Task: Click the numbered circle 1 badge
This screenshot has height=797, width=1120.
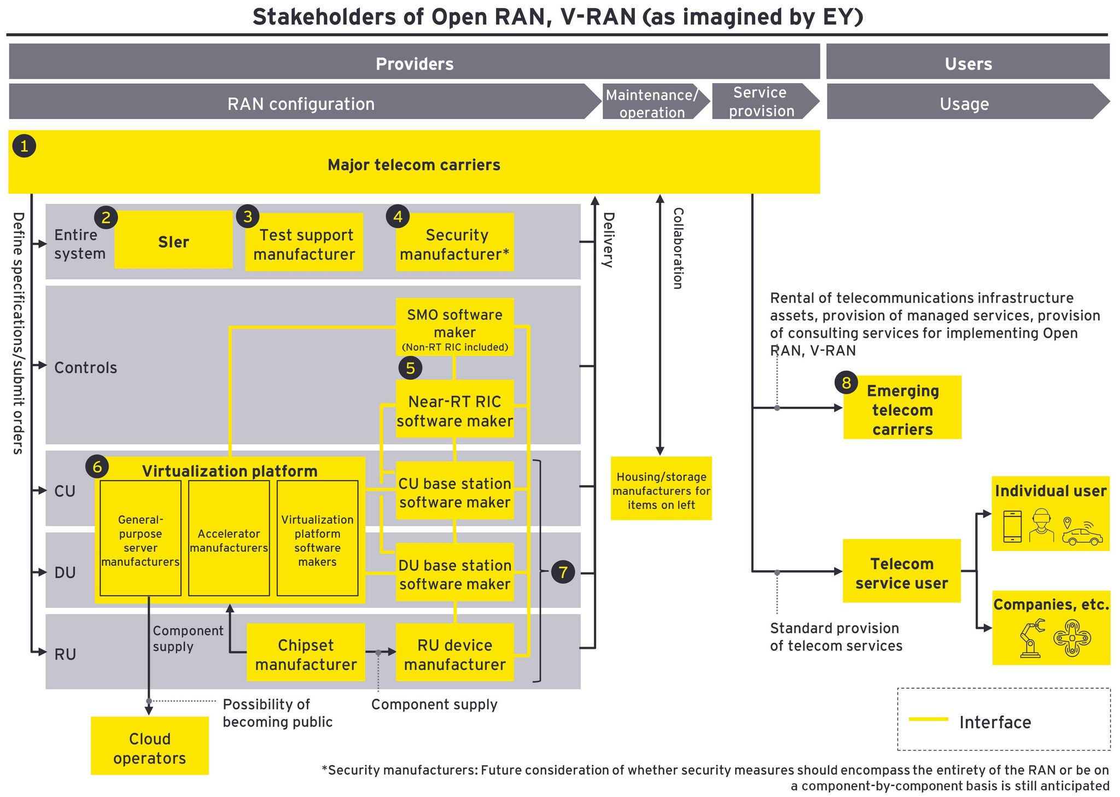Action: click(x=24, y=146)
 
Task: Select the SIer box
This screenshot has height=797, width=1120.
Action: click(x=173, y=242)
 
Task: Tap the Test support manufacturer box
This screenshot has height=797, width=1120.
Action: click(x=304, y=244)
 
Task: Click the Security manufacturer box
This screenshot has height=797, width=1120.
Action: click(x=455, y=244)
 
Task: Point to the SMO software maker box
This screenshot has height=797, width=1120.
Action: click(x=455, y=327)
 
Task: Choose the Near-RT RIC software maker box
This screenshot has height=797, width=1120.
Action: click(x=455, y=410)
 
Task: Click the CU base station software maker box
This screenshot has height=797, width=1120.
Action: click(x=455, y=492)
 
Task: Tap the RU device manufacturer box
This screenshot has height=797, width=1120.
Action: click(x=455, y=654)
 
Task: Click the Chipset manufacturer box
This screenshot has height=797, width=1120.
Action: click(x=306, y=654)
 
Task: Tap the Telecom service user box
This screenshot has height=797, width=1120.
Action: click(x=902, y=572)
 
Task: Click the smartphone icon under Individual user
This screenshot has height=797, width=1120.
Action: click(x=1012, y=526)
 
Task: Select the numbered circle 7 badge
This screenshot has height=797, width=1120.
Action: click(x=563, y=572)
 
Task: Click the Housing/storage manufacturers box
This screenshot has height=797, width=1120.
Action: click(x=661, y=490)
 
